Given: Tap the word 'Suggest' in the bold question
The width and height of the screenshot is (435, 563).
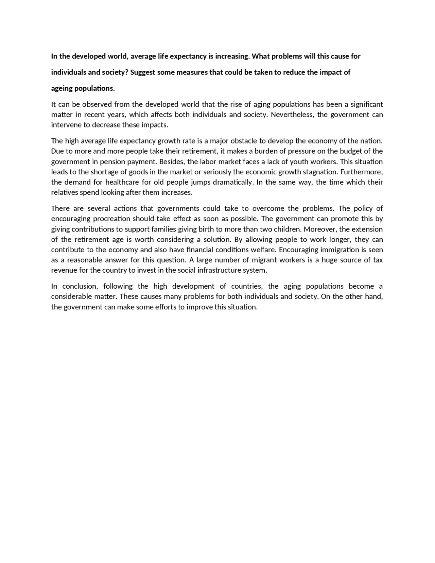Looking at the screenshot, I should pos(142,72).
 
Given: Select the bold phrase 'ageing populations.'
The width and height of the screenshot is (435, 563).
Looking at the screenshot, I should pos(83,88).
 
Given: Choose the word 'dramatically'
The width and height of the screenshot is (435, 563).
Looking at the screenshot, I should pos(233,182).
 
